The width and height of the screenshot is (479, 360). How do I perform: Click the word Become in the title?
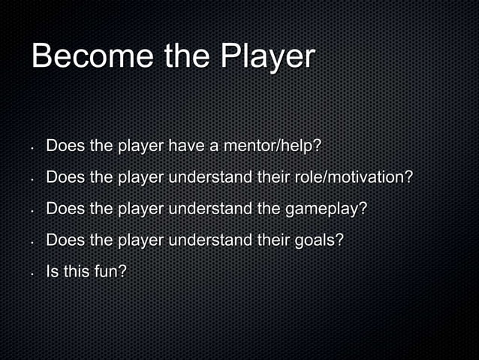(x=82, y=58)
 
